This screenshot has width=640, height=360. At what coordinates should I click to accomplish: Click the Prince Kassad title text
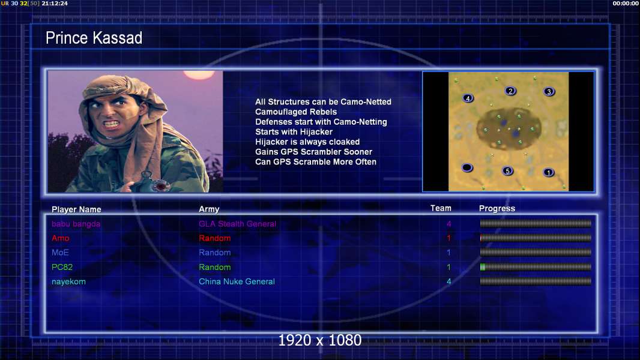tap(94, 38)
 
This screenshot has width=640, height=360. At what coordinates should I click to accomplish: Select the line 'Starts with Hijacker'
tap(294, 131)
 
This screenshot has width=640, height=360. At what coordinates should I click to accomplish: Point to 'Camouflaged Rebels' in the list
tap(296, 112)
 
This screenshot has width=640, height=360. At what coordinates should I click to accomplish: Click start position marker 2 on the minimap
tap(510, 91)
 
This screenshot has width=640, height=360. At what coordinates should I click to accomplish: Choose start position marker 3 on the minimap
tap(549, 91)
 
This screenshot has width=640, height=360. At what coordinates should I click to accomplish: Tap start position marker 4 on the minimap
tap(468, 98)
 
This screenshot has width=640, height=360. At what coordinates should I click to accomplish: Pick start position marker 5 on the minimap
tap(507, 171)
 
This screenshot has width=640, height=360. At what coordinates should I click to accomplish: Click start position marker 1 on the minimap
tap(549, 172)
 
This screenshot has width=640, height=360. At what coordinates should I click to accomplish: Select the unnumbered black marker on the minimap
tap(467, 167)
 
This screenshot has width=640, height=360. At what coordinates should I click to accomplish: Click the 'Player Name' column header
tap(76, 209)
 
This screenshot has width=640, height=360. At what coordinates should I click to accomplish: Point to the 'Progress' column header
tap(497, 208)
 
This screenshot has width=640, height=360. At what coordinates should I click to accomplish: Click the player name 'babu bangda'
tap(76, 224)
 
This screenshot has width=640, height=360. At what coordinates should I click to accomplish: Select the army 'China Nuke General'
tap(237, 281)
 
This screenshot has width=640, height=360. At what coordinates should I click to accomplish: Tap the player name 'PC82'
tap(62, 267)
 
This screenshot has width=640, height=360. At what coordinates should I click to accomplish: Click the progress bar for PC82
tap(536, 267)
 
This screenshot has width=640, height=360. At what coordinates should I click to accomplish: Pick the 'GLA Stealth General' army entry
tap(238, 224)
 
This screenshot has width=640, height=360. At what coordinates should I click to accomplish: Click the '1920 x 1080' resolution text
tap(320, 340)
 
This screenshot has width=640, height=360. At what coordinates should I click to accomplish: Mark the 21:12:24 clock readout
tap(55, 3)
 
